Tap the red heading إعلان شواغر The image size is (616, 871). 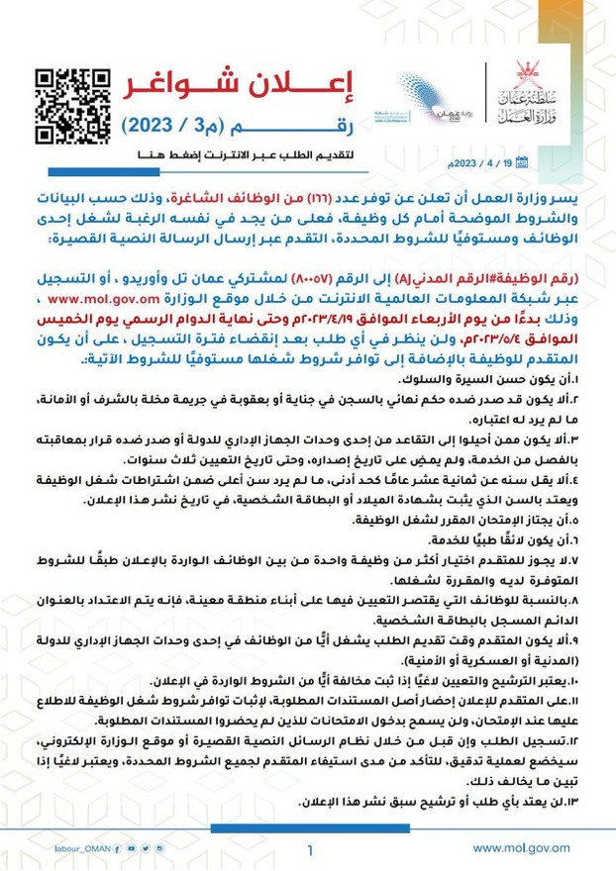tap(242, 87)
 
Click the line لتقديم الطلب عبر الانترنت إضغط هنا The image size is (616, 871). tap(241, 157)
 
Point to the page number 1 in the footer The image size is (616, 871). tap(309, 849)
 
